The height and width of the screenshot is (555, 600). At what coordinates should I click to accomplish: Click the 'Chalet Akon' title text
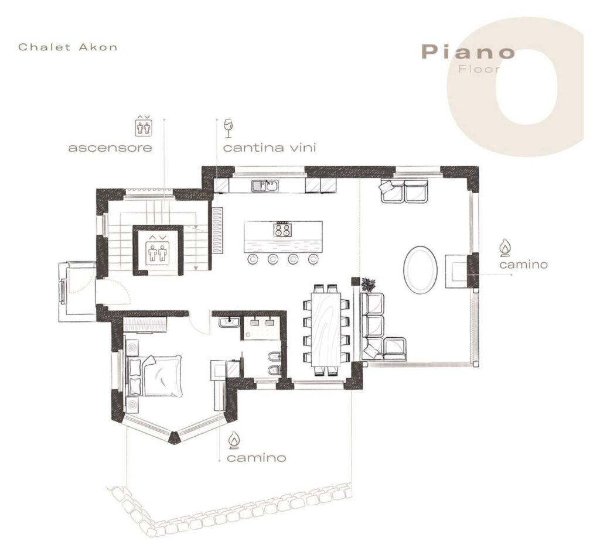tap(68, 47)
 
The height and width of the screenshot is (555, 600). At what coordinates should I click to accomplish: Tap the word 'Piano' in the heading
tap(468, 52)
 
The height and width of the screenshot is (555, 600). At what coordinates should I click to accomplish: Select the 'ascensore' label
tap(110, 148)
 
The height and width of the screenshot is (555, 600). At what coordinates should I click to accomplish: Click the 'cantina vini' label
tap(270, 148)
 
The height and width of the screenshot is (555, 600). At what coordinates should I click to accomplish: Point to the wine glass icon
tap(228, 128)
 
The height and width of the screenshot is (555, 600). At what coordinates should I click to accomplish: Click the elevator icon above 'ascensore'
tap(144, 125)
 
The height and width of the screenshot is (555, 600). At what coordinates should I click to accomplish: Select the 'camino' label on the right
tap(523, 265)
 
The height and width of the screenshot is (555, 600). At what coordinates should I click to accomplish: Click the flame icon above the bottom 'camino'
tap(234, 440)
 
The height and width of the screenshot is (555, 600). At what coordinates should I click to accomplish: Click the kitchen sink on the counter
tap(265, 186)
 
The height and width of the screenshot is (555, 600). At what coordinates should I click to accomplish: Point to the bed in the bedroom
tap(155, 376)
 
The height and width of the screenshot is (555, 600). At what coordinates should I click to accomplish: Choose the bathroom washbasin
tap(229, 322)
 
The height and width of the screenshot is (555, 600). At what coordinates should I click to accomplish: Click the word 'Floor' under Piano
tap(479, 70)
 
